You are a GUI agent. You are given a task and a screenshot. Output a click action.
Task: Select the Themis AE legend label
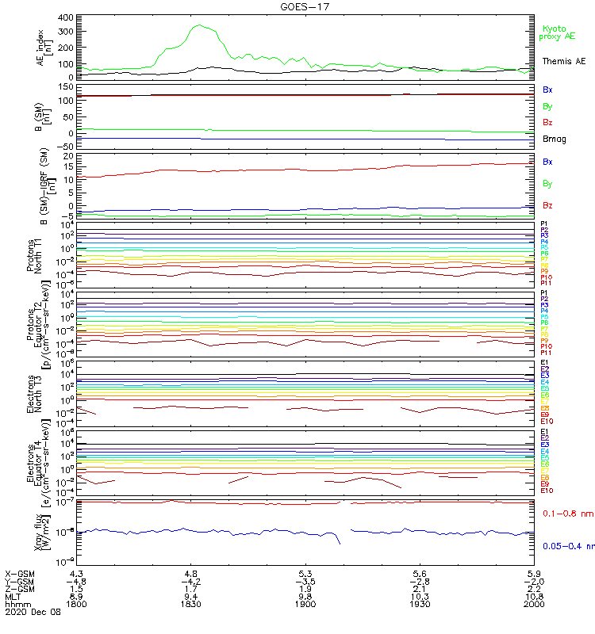[563, 61]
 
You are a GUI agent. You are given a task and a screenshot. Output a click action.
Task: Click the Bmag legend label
[554, 139]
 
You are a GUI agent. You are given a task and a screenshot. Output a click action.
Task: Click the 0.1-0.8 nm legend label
[567, 514]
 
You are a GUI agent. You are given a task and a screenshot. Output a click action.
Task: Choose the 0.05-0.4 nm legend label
[567, 546]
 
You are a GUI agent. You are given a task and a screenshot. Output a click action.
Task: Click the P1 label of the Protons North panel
[545, 224]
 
